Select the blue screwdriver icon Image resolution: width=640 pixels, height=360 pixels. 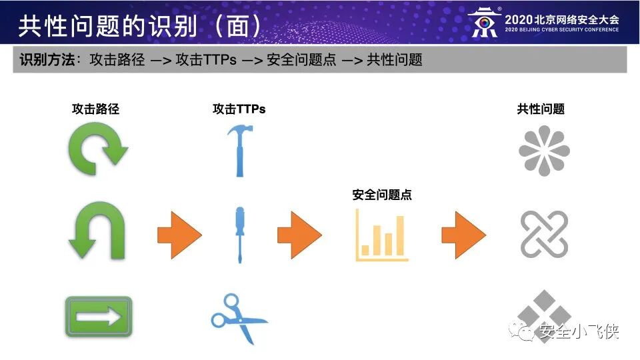(237, 235)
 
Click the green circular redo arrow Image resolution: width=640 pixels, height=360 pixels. (98, 151)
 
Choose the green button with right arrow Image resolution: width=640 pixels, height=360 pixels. (98, 316)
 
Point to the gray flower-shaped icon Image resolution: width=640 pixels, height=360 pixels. (544, 151)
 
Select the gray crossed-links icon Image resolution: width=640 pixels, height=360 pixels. (544, 235)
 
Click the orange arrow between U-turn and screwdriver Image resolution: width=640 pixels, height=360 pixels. (179, 235)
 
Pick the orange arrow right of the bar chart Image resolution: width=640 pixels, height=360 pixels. (463, 235)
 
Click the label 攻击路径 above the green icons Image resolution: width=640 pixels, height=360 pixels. (95, 109)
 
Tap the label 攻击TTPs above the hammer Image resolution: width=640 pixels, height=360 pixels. (239, 109)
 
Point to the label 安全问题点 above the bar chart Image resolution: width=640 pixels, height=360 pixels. (382, 195)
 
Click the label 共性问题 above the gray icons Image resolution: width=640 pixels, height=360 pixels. (541, 109)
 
